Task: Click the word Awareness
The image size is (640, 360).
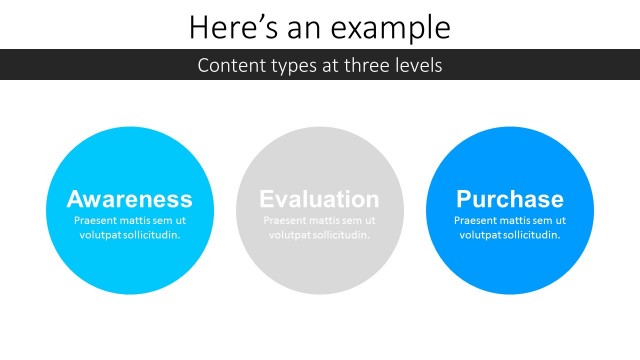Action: pos(129,198)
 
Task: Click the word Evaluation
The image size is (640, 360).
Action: pos(319,198)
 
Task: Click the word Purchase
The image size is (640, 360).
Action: pos(509,198)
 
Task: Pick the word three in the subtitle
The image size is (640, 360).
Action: pos(364,67)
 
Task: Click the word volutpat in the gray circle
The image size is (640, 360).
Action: pos(289,235)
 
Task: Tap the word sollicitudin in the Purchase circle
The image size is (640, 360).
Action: pos(529,235)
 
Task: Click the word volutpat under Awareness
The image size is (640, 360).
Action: pos(99,235)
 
